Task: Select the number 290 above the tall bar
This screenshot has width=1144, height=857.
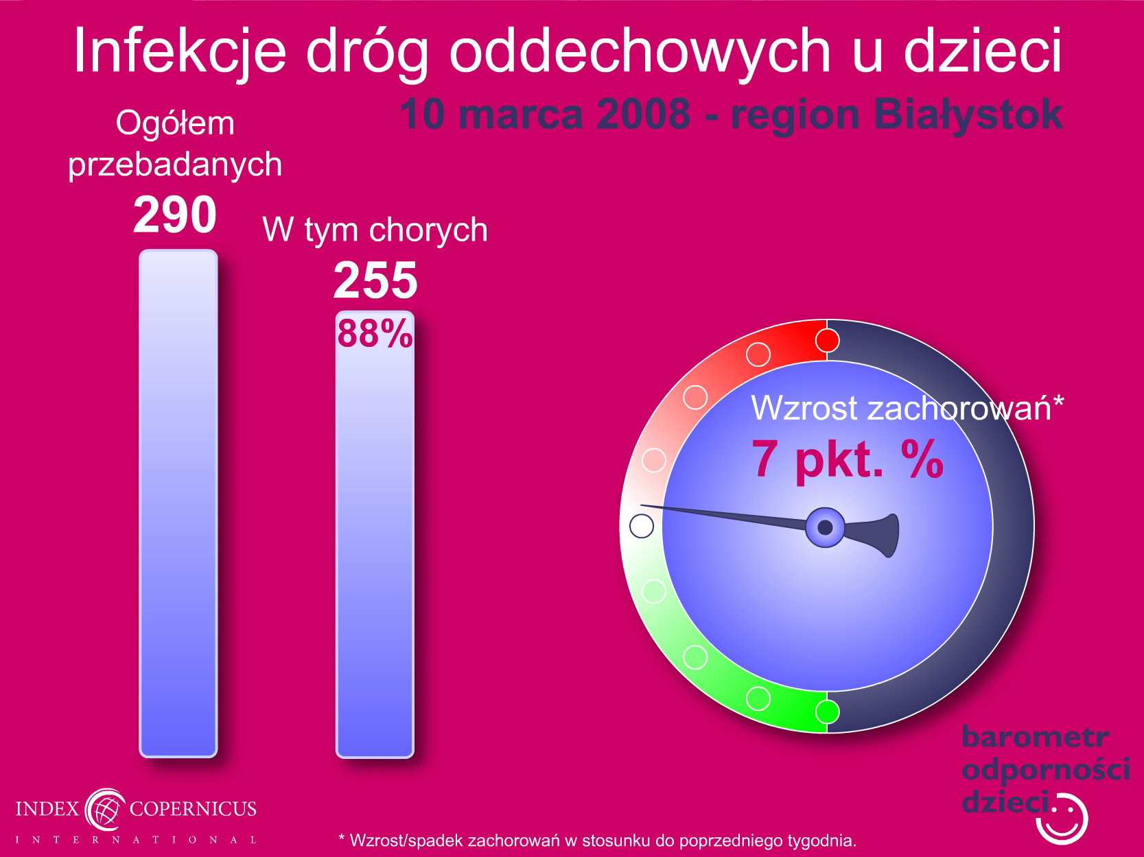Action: (x=174, y=215)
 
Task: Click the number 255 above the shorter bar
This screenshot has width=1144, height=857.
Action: (x=375, y=280)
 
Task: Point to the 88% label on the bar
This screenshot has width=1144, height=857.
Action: (x=375, y=333)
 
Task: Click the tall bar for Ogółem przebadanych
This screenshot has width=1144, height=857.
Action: (x=178, y=503)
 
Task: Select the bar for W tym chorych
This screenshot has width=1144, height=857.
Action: (x=375, y=534)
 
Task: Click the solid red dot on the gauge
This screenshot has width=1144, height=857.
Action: (x=827, y=341)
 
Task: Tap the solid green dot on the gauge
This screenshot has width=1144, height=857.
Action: (x=827, y=712)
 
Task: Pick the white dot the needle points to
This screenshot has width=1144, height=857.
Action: (x=642, y=526)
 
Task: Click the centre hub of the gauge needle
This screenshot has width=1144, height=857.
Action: (x=825, y=527)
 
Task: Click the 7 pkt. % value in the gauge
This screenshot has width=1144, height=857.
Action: (x=848, y=459)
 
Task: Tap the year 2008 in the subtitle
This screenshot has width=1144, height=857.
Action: (x=643, y=114)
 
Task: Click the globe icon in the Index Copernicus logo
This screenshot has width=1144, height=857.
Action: (x=106, y=809)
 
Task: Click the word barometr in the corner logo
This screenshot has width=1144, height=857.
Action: (x=1035, y=736)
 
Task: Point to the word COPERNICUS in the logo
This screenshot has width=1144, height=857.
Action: (x=193, y=809)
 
